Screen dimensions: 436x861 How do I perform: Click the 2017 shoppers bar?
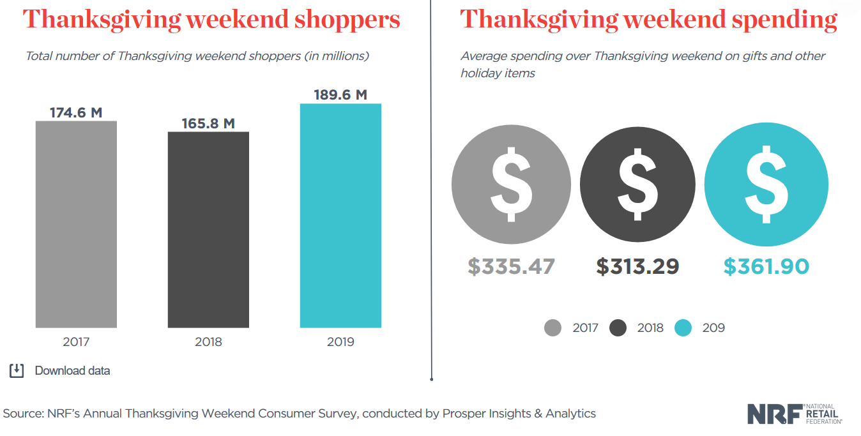pos(76,223)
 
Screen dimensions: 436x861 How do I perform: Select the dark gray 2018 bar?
pos(208,229)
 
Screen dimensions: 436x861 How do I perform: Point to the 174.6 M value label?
pos(76,112)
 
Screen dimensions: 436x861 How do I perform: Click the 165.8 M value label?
pos(208,123)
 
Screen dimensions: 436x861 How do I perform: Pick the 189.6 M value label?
pos(340,94)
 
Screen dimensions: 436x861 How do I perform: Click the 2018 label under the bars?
pos(208,342)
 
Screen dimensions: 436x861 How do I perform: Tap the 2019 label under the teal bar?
pos(340,342)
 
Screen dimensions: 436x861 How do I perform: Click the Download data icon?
pos(17,370)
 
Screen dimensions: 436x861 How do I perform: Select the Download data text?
pos(72,370)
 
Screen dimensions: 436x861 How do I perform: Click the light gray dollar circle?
pos(511,184)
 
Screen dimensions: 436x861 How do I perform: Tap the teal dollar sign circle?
pos(766,184)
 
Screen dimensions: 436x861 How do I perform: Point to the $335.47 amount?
pos(511,266)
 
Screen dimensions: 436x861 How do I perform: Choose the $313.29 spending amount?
pos(637,266)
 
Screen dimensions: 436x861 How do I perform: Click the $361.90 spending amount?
pos(766,266)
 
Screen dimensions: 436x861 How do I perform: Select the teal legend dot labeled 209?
pos(683,328)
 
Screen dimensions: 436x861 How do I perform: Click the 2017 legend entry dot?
pos(552,328)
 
